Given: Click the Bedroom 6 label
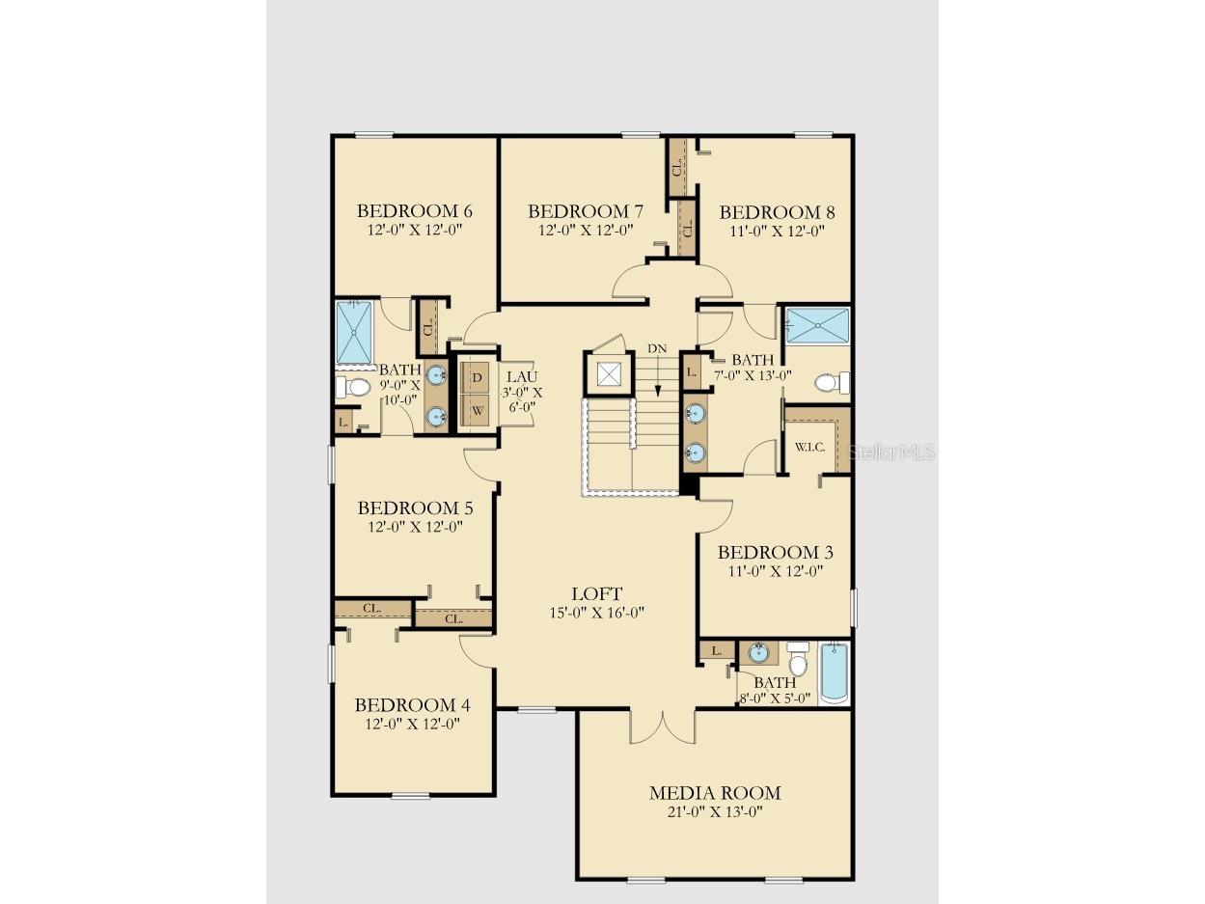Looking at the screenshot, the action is click(x=415, y=210).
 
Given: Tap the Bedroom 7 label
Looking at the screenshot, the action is click(x=586, y=211).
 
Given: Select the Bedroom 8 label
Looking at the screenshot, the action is click(x=777, y=212).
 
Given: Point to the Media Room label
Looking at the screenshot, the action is click(x=715, y=793).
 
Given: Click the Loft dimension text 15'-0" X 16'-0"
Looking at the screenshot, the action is click(x=596, y=612).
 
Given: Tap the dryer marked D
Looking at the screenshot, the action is click(x=477, y=377).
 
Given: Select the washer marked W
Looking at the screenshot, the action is click(x=477, y=410).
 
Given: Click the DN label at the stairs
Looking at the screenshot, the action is click(x=657, y=348).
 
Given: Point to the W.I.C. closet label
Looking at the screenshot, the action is click(x=809, y=447).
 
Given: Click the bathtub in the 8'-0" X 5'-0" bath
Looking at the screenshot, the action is click(x=835, y=672).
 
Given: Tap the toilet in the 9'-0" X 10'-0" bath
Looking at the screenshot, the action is click(x=352, y=387).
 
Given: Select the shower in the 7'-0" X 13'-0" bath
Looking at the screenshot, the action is click(x=817, y=326).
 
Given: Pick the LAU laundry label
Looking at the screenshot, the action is click(x=522, y=376).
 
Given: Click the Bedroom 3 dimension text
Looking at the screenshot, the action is click(x=776, y=571).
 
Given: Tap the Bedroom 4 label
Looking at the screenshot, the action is click(x=413, y=704).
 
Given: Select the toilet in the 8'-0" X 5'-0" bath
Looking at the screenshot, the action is click(x=798, y=658).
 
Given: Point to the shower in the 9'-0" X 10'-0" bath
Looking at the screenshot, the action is click(x=355, y=332).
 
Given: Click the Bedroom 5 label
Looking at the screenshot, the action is click(x=415, y=507).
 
